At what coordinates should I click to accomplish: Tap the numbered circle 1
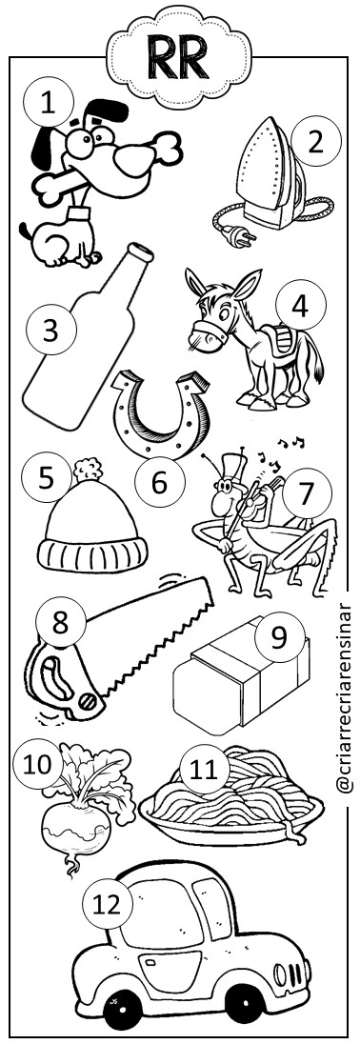point(48,104)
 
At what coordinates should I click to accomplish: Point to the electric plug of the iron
point(237,235)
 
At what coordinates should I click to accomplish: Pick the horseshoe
point(160,412)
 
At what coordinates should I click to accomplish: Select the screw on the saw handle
point(88,700)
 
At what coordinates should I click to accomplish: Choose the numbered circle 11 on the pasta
point(204,770)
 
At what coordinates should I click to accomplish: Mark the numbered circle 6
point(159,483)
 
